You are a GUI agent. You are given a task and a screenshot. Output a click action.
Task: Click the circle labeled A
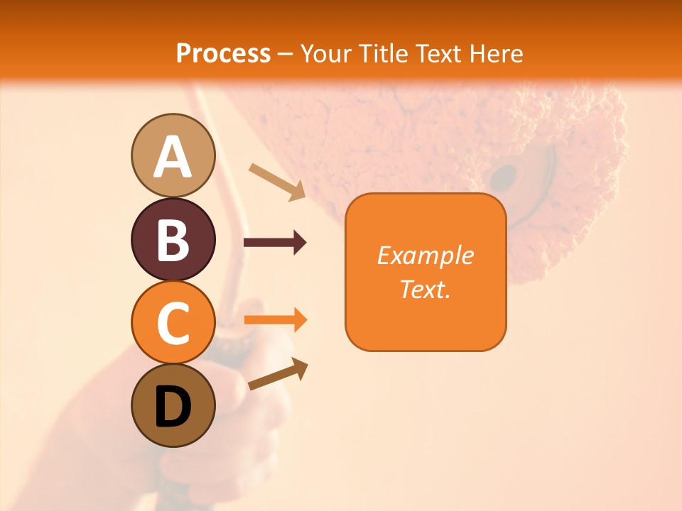pos(173,155)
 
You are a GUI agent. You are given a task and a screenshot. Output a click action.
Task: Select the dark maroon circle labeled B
pos(173,239)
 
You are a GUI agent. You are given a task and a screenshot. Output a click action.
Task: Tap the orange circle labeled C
pos(173,322)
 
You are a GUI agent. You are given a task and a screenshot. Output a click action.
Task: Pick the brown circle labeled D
pos(173,405)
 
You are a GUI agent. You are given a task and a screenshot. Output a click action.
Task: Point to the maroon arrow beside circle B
pos(275,243)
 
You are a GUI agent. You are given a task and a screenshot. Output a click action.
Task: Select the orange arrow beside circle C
pos(275,320)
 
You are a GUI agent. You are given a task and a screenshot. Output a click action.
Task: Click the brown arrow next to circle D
pos(278,375)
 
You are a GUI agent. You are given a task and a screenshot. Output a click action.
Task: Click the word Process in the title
pos(223,53)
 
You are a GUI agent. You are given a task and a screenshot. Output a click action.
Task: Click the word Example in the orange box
pos(426,255)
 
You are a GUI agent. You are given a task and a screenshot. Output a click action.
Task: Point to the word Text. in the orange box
pos(426,289)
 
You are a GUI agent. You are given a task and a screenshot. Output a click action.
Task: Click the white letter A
pos(173,157)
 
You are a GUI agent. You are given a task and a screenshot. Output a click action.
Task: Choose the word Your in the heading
pos(328,53)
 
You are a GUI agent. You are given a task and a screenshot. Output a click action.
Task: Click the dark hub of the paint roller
pos(504,175)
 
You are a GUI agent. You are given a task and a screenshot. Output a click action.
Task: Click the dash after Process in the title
pos(286,54)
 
